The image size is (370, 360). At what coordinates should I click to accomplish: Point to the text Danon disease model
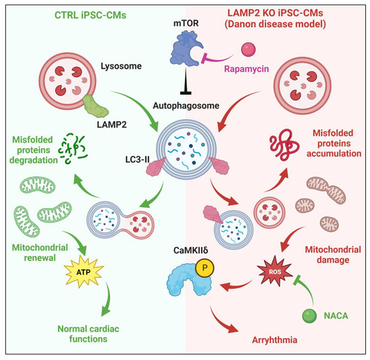[281, 26]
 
